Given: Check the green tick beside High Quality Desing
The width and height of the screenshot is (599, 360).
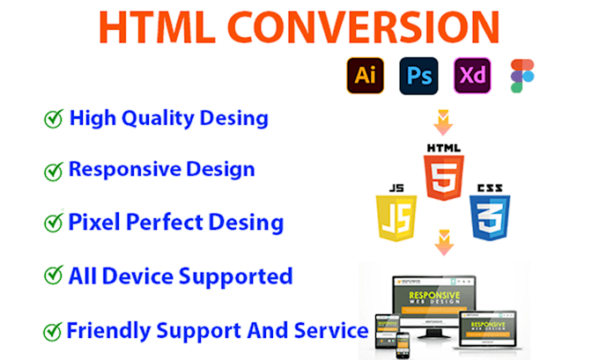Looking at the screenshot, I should (x=54, y=120).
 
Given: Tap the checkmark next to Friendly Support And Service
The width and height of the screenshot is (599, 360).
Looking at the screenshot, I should (x=53, y=333).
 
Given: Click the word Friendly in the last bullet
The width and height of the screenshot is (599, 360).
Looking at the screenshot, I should (x=107, y=331).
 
